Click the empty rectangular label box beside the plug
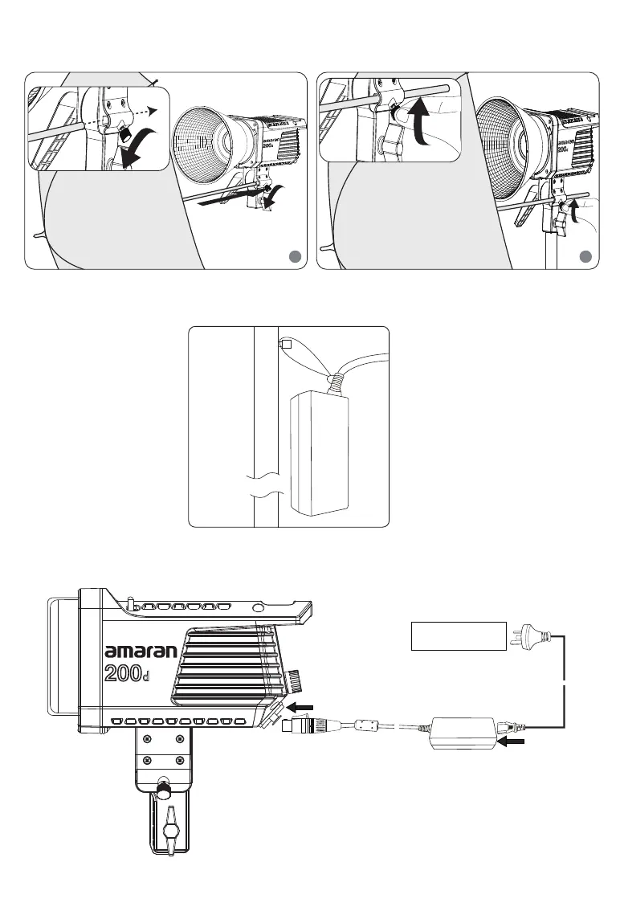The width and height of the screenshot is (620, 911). pos(459,635)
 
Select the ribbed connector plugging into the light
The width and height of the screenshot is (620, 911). pos(300,728)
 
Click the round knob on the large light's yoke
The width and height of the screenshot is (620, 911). pos(163,789)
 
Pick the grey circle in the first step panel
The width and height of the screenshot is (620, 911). pos(294,256)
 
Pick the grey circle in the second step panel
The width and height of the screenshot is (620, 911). pos(586,256)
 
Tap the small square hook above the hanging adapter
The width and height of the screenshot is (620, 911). pos(283,343)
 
